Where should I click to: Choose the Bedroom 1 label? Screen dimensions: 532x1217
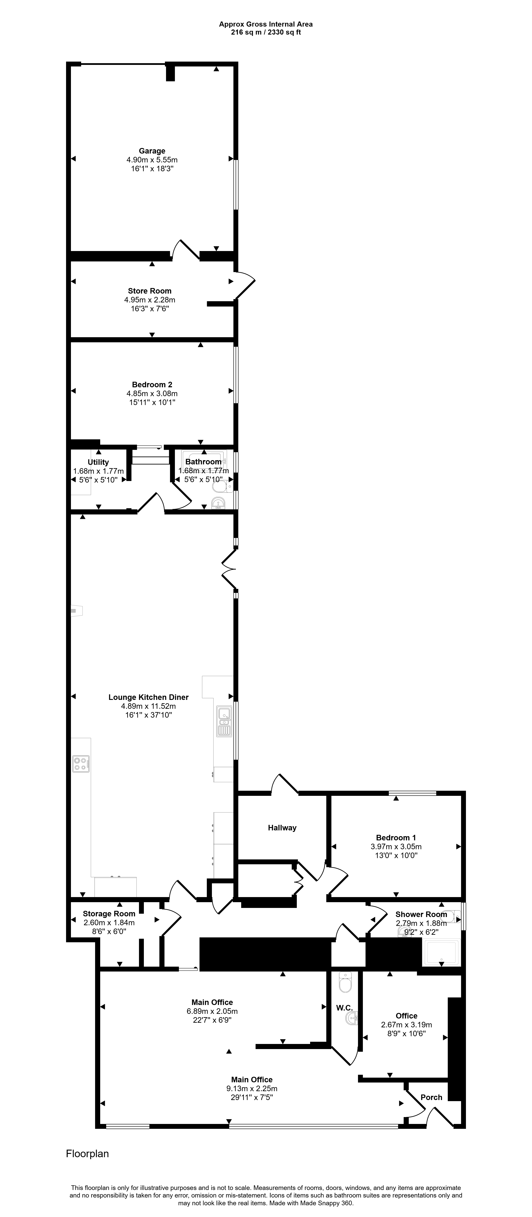coord(396,838)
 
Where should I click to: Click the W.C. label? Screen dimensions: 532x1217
coord(344,1008)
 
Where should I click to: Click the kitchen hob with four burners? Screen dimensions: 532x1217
coord(81,764)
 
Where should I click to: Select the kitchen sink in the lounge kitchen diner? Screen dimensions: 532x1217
coord(223,721)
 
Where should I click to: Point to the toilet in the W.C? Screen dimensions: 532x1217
coord(345,983)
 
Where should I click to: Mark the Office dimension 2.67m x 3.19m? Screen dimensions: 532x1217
coord(406,1025)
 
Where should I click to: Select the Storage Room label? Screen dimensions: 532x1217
coord(109,914)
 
